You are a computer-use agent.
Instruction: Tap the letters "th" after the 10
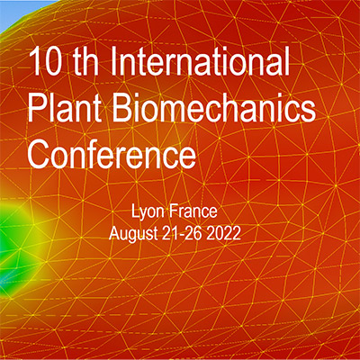click(x=86, y=60)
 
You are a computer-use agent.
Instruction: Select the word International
click(x=200, y=60)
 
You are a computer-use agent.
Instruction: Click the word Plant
click(x=64, y=107)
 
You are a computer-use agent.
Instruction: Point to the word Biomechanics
click(x=214, y=107)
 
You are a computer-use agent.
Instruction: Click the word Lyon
click(x=148, y=212)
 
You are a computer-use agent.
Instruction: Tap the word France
click(x=193, y=211)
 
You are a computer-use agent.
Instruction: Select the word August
click(x=133, y=234)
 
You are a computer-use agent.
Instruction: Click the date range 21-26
click(x=182, y=233)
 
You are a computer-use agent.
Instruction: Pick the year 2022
click(x=223, y=233)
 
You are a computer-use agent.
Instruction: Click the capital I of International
click(x=114, y=60)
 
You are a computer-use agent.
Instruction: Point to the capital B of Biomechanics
click(x=124, y=107)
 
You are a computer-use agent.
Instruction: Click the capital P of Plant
click(x=39, y=107)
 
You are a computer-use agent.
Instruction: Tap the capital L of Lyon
click(x=136, y=211)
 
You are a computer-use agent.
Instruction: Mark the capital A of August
click(x=115, y=233)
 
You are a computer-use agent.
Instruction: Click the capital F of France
click(x=174, y=211)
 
